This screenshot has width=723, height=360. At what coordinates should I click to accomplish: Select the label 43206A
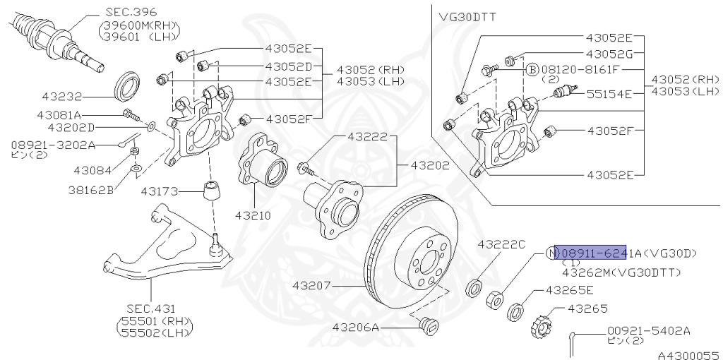(356, 328)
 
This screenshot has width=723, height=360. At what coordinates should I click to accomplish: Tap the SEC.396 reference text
(131, 12)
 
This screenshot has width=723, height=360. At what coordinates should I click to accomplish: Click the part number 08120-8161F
(580, 70)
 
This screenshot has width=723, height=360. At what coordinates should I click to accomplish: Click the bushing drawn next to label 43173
(210, 191)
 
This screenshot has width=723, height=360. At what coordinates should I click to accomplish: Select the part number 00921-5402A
(647, 330)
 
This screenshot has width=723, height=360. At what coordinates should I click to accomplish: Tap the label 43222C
(501, 244)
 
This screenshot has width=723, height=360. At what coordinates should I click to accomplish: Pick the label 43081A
(59, 114)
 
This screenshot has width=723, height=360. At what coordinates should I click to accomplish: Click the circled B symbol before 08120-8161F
(533, 70)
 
